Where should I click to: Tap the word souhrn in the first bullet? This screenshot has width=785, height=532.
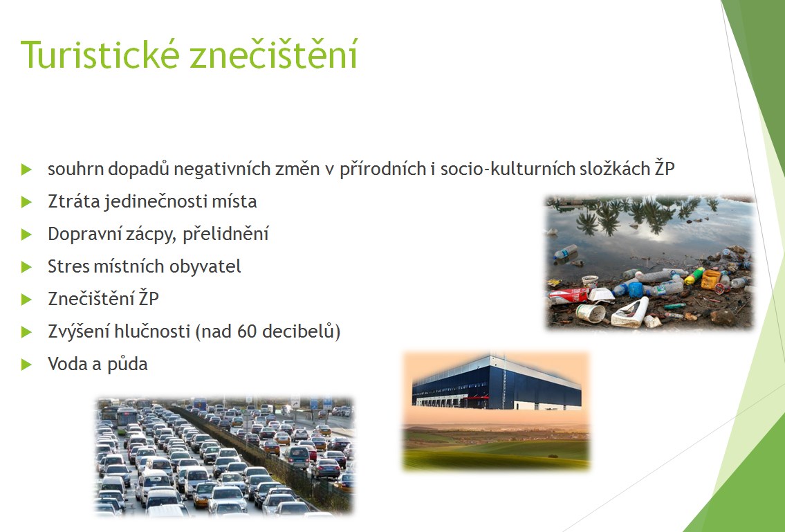(75, 169)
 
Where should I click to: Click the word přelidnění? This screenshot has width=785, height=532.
(225, 234)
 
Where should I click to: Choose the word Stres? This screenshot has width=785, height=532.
(68, 266)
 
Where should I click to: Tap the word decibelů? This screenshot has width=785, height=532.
(298, 331)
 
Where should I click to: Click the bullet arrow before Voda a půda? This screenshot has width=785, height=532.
(26, 365)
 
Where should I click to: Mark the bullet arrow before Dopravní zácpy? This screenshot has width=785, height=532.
(26, 235)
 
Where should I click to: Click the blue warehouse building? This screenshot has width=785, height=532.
(497, 383)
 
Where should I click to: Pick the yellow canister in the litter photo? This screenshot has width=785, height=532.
(711, 279)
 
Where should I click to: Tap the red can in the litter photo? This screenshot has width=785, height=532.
(569, 295)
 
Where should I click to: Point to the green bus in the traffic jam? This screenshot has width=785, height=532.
(127, 419)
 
